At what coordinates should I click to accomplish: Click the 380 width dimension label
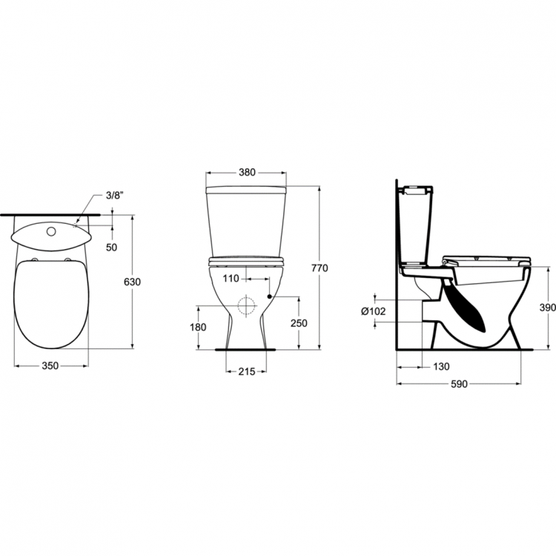[x=247, y=172]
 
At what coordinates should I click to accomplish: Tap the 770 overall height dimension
[x=320, y=268]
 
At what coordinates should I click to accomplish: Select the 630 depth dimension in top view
[x=132, y=282]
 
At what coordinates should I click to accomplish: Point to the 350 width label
[x=50, y=365]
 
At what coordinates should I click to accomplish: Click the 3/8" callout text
[x=115, y=196]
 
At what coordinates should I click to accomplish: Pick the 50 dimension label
[x=112, y=247]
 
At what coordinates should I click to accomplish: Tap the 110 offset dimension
[x=231, y=279]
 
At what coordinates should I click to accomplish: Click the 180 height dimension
[x=198, y=327]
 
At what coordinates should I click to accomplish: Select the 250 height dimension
[x=299, y=323]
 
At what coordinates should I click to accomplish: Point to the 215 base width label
[x=246, y=371]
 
